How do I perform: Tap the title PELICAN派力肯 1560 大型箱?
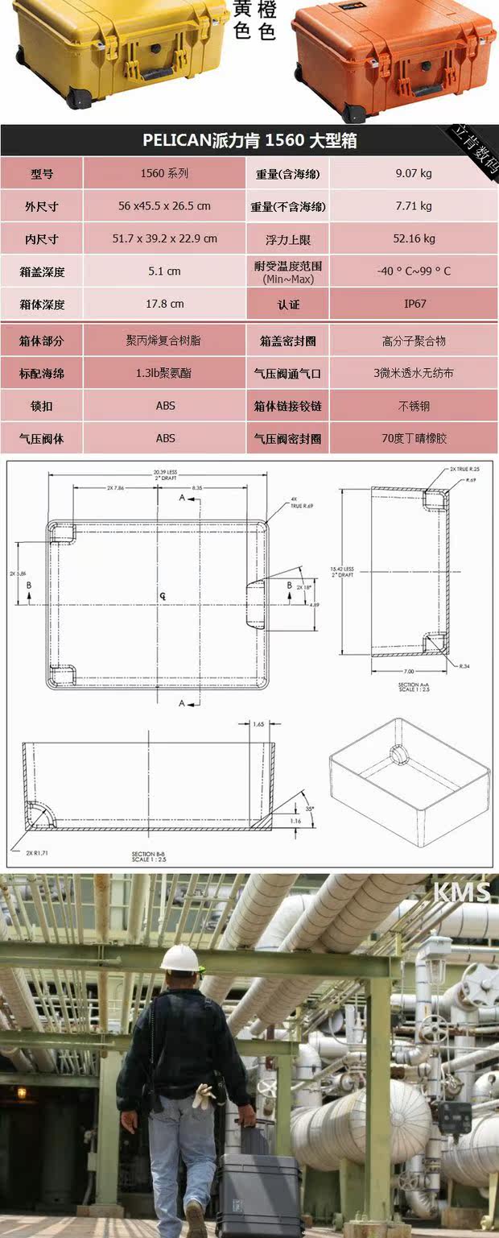pyautogui.click(x=249, y=141)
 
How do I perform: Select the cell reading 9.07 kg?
pyautogui.click(x=414, y=173)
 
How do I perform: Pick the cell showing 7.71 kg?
pyautogui.click(x=414, y=206)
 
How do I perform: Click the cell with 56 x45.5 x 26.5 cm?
pyautogui.click(x=164, y=206)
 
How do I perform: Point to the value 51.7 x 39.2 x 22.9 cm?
pyautogui.click(x=164, y=238)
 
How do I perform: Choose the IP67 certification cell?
pyautogui.click(x=414, y=304)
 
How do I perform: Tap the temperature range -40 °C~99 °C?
pyautogui.click(x=414, y=271)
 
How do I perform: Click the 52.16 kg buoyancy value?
pyautogui.click(x=414, y=238)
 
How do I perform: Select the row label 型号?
pyautogui.click(x=42, y=173)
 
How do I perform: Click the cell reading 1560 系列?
pyautogui.click(x=164, y=173)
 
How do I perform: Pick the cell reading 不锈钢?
pyautogui.click(x=414, y=406)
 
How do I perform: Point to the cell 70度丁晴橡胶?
pyautogui.click(x=414, y=439)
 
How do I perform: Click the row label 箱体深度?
pyautogui.click(x=42, y=304)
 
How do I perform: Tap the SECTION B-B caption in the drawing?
pyautogui.click(x=150, y=855)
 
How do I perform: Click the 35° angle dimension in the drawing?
pyautogui.click(x=287, y=808)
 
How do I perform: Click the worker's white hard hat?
pyautogui.click(x=179, y=958)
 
